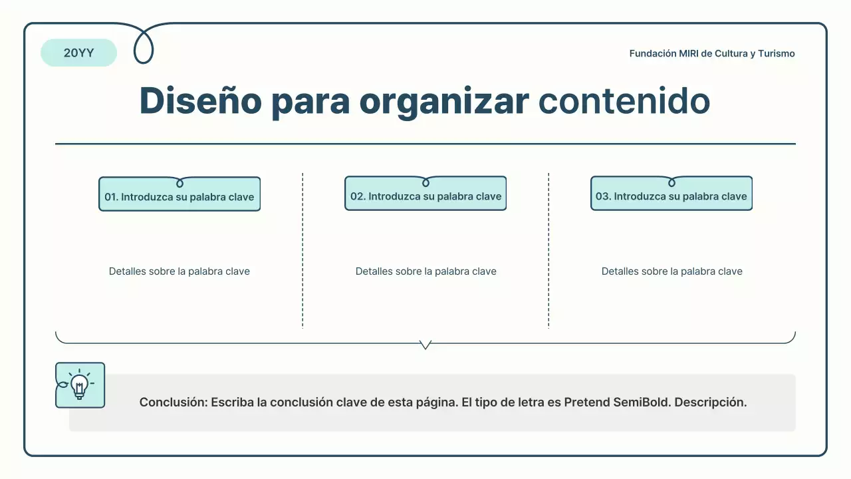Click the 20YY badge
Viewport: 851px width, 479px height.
pos(78,53)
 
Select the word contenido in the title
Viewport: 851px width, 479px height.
pos(624,101)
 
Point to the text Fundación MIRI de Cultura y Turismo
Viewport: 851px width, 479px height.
pos(712,53)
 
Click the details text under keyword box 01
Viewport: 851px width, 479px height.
pos(180,271)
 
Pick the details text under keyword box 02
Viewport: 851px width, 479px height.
pos(425,271)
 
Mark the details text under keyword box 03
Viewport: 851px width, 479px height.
pos(671,271)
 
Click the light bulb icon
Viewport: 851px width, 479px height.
pos(80,385)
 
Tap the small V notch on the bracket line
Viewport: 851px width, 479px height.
pos(425,345)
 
